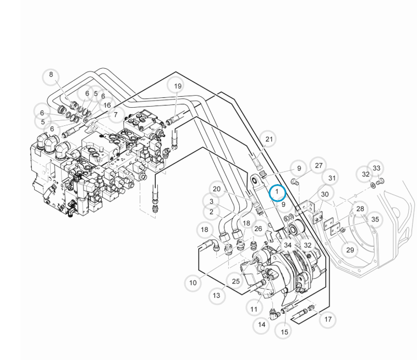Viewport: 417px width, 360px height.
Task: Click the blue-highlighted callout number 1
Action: (x=277, y=192)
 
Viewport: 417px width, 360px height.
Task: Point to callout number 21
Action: (x=268, y=140)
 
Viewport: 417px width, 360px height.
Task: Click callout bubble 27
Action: (x=318, y=165)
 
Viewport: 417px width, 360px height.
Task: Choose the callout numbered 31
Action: (x=332, y=178)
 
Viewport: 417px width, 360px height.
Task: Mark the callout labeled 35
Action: (x=375, y=219)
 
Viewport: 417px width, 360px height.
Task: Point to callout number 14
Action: (x=261, y=325)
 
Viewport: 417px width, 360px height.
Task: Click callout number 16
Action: (x=107, y=105)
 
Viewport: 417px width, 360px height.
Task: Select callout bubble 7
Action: (x=116, y=115)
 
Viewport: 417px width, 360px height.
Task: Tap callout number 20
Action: (x=217, y=189)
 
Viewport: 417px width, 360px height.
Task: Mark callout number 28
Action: (x=360, y=209)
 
